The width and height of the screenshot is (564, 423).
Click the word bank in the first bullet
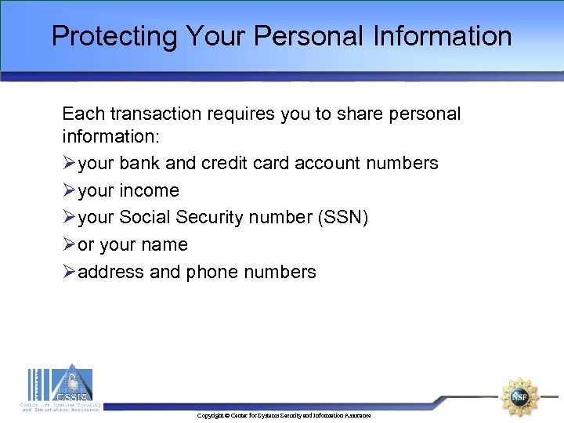click(x=140, y=163)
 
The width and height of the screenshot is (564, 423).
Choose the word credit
click(x=226, y=163)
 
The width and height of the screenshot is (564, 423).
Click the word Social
click(x=145, y=217)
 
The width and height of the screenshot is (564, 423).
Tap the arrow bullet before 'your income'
click(x=69, y=190)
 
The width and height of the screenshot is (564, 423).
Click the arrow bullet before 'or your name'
click(x=69, y=244)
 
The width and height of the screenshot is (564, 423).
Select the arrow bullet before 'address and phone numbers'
click(x=69, y=272)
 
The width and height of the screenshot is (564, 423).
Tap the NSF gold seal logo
click(x=519, y=396)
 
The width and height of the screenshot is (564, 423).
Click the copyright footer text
click(x=284, y=415)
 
